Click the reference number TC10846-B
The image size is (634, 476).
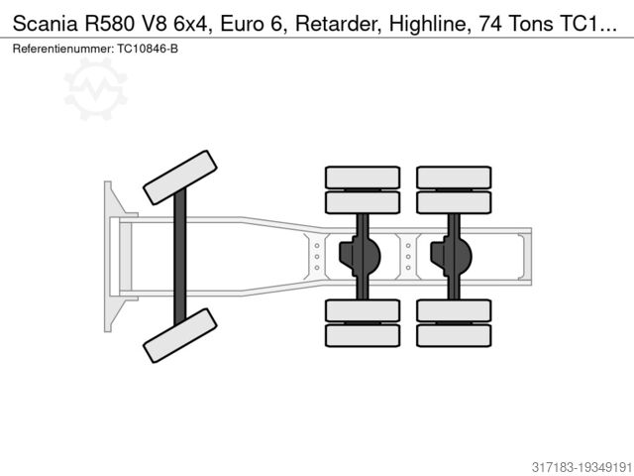[149, 49]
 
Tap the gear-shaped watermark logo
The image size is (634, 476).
[96, 88]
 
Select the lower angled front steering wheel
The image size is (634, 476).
[179, 334]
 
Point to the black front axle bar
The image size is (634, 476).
[179, 255]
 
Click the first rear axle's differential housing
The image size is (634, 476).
[362, 255]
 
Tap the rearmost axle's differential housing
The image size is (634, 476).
[453, 255]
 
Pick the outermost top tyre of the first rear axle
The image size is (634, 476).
[363, 178]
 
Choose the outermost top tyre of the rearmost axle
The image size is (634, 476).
[454, 178]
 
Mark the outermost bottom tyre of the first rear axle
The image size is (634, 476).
[363, 334]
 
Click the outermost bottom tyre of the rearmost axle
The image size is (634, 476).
[454, 334]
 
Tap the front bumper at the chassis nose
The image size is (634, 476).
[108, 255]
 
